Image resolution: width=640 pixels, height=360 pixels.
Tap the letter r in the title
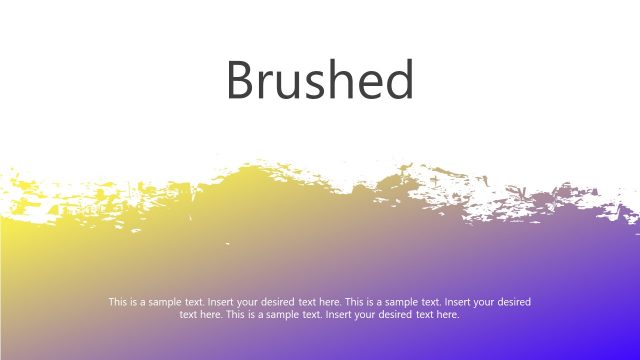(x=267, y=85)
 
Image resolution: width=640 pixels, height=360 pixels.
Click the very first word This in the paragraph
(x=118, y=301)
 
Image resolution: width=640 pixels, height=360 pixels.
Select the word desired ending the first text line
(x=514, y=301)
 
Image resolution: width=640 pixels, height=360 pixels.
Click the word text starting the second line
(x=188, y=314)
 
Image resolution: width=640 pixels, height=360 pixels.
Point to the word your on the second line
(x=364, y=314)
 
